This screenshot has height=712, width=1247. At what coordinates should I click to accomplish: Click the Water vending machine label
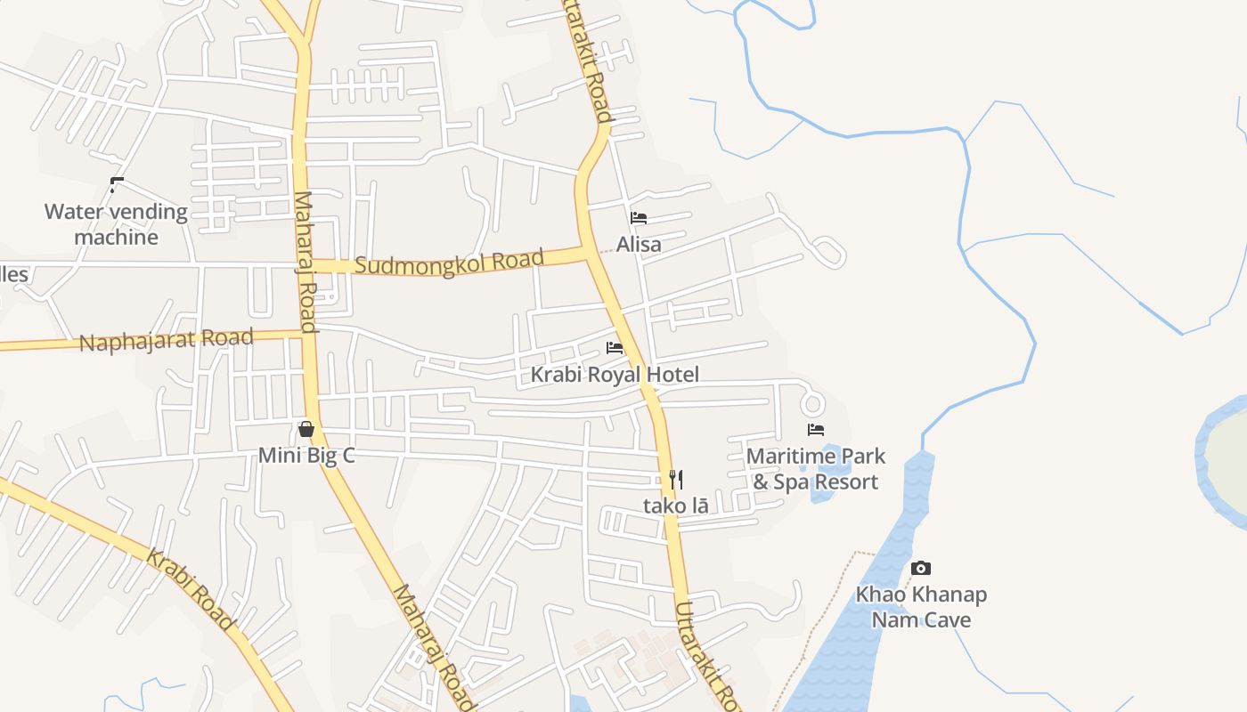[x=116, y=224]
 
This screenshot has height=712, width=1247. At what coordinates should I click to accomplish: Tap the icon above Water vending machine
[x=116, y=185]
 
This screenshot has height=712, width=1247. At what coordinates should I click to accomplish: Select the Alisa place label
[x=639, y=244]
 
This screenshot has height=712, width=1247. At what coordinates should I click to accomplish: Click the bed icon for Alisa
[x=639, y=218]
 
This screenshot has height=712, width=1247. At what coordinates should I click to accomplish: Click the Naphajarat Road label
[x=167, y=340]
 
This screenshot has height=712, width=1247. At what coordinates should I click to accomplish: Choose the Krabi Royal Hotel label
[x=615, y=375]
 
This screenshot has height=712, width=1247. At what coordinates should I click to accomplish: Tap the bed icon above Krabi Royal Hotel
[x=615, y=348]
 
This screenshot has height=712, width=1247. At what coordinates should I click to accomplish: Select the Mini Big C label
[x=306, y=456]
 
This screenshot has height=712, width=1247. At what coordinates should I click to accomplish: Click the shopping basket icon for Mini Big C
[x=306, y=430]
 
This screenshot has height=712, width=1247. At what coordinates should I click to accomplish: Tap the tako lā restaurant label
[x=676, y=506]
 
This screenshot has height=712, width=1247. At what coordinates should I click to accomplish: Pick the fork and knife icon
[x=676, y=480]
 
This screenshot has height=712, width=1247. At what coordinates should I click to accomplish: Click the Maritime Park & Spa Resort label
[x=816, y=469]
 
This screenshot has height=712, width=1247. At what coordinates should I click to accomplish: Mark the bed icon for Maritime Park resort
[x=816, y=430]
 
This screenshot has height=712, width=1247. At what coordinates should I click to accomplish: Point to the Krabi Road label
[x=190, y=589]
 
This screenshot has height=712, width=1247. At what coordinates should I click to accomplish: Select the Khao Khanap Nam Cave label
[x=921, y=607]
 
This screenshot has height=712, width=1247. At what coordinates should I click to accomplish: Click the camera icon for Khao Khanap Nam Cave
[x=921, y=568]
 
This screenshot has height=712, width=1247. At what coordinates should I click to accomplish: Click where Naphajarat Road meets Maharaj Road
[x=309, y=335]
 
